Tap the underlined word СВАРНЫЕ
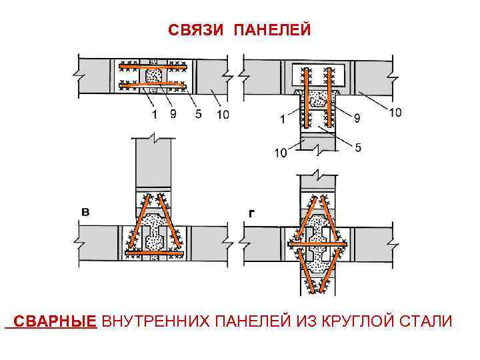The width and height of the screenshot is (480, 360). [x=55, y=322]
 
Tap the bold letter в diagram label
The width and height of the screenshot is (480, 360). [x=85, y=211]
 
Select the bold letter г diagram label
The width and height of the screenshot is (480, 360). [x=250, y=212]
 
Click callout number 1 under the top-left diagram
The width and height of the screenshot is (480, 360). [x=154, y=114]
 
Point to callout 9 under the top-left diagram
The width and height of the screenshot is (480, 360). [x=173, y=114]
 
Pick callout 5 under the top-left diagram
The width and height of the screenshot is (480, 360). [x=198, y=114]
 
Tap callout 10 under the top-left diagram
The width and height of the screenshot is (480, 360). [x=222, y=115]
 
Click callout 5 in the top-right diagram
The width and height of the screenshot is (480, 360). [x=358, y=147]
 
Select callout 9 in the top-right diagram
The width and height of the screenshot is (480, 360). [x=358, y=118]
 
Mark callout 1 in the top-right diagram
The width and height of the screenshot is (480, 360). [x=283, y=119]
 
